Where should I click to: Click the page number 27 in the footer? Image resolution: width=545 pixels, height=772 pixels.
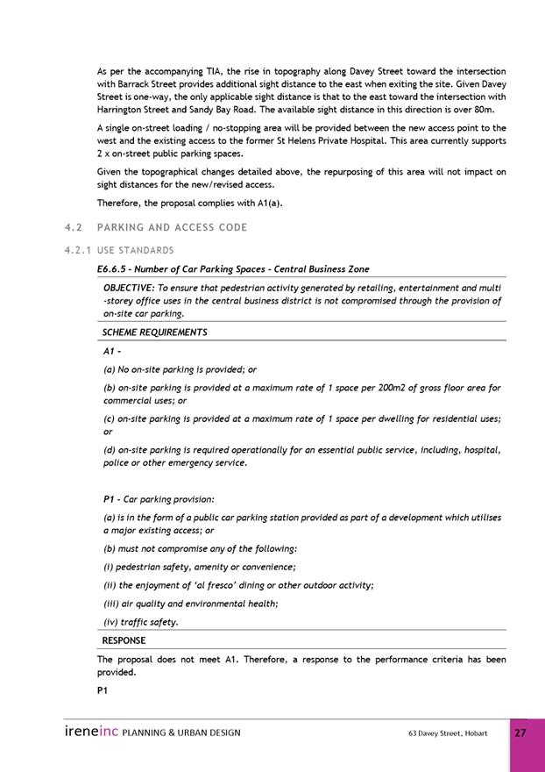(x=520, y=733)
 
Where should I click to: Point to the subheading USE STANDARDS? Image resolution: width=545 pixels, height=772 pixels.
(x=136, y=251)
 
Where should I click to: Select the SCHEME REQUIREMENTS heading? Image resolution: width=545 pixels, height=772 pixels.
(x=155, y=332)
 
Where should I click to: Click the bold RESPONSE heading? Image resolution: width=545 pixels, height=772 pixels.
(x=124, y=640)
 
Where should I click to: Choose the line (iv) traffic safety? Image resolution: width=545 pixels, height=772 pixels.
(x=140, y=622)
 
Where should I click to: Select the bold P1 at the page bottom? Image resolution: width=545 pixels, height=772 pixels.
(x=103, y=690)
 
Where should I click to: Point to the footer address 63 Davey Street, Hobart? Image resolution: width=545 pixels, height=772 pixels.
(x=448, y=733)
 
